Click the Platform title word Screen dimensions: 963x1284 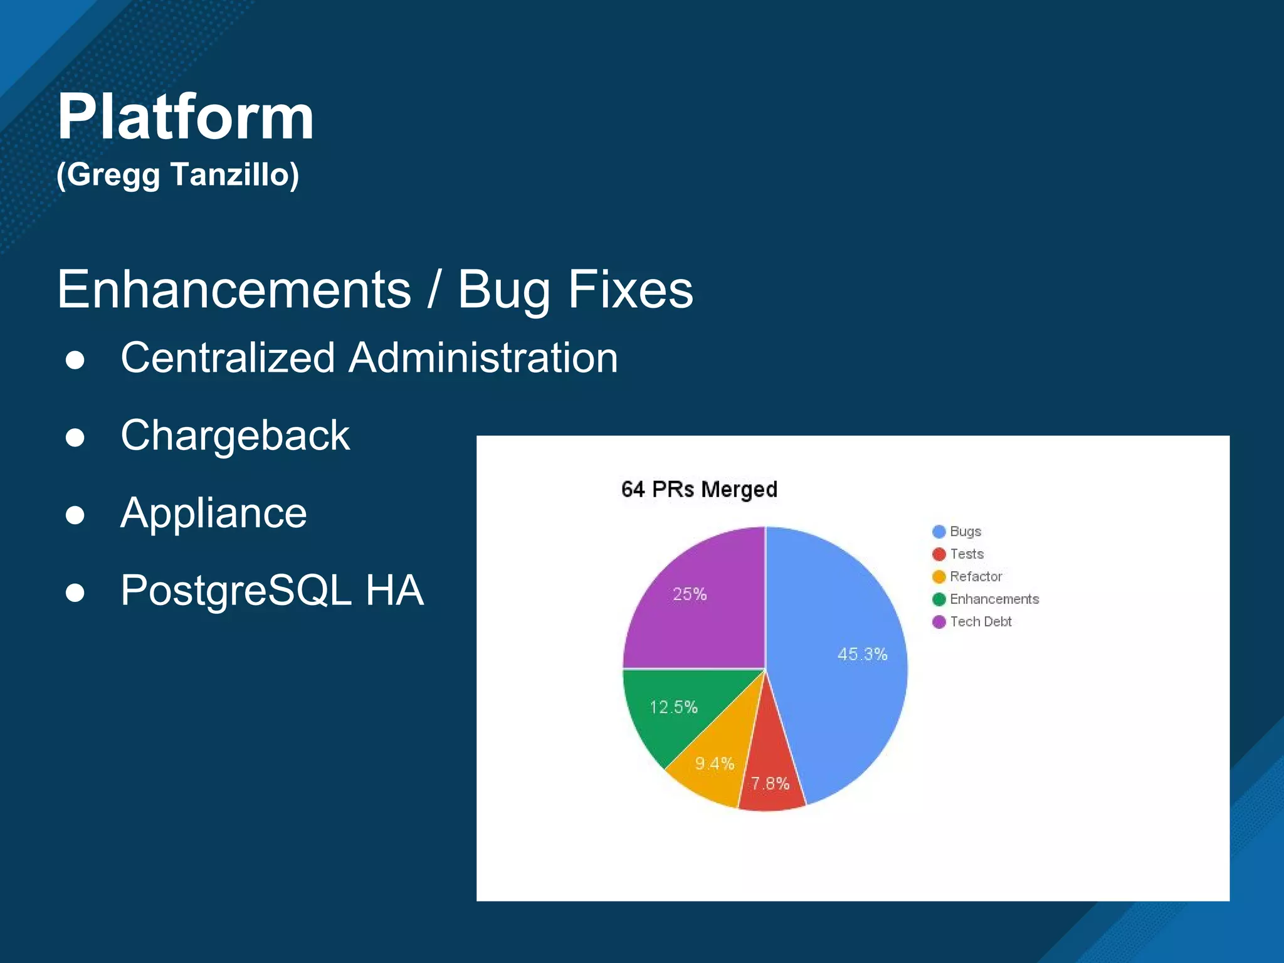point(186,117)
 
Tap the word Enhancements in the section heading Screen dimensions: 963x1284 point(234,289)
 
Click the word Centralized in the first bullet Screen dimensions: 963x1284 point(228,358)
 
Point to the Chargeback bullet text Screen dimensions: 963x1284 point(235,436)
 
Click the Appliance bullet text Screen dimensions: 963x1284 point(213,513)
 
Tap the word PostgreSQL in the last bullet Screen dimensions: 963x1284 point(235,591)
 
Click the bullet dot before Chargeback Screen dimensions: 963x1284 point(75,437)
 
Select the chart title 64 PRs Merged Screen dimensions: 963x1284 point(699,489)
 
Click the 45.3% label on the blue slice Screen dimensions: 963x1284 point(862,655)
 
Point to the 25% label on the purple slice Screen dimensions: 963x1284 point(689,594)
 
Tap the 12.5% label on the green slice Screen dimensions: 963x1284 point(673,707)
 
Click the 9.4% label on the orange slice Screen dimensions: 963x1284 point(714,763)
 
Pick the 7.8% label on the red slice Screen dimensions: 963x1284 point(770,783)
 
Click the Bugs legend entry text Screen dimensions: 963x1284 point(965,532)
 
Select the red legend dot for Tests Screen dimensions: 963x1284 point(939,554)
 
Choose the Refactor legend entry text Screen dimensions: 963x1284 point(976,577)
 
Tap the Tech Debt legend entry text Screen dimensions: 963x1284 point(981,622)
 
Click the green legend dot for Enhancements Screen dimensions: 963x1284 point(939,599)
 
